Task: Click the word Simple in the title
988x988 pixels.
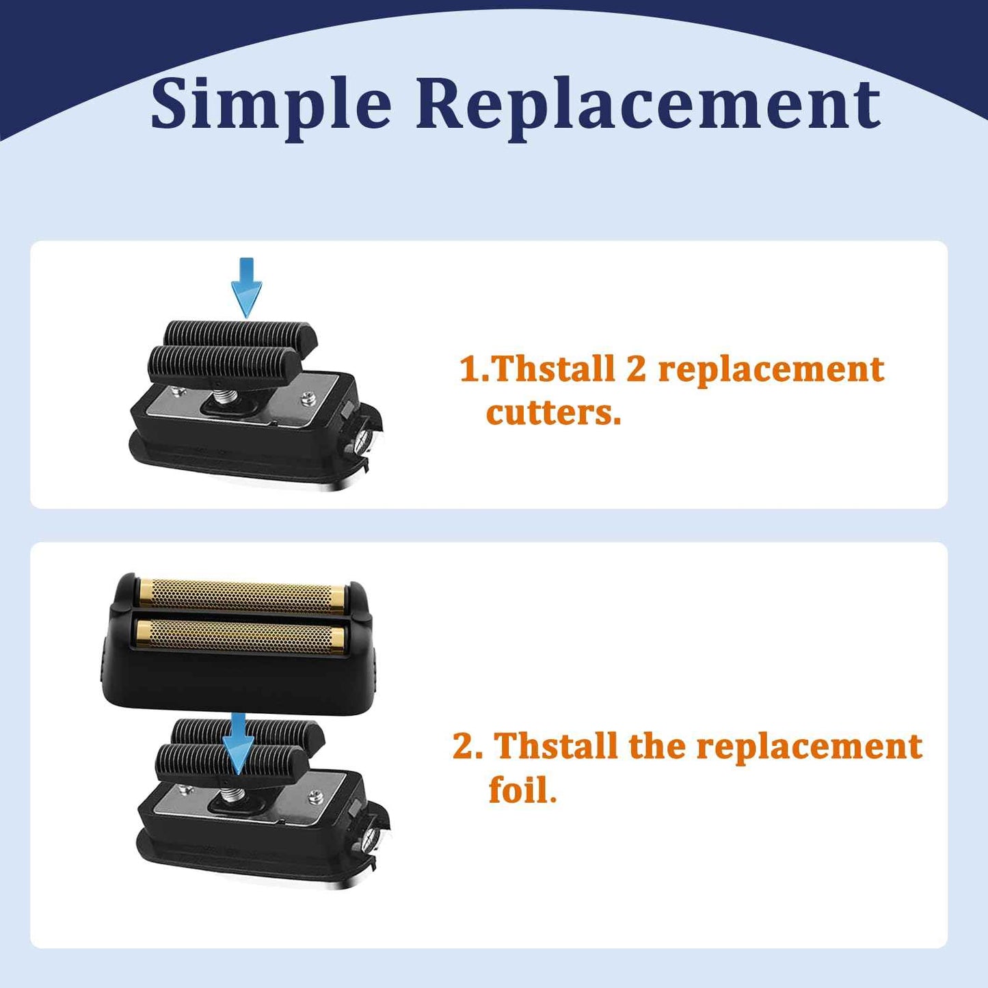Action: pyautogui.click(x=271, y=104)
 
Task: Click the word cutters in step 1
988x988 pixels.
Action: pyautogui.click(x=553, y=412)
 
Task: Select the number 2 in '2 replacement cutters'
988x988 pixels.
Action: pyautogui.click(x=635, y=369)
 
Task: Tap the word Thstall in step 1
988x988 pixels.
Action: pyautogui.click(x=554, y=369)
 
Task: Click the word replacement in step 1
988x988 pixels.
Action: pyautogui.click(x=771, y=369)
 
